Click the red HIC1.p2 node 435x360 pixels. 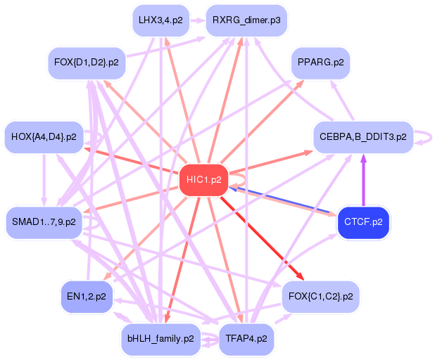204,180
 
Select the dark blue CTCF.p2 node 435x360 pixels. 363,222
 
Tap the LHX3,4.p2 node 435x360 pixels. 161,20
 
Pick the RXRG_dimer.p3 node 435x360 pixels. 246,20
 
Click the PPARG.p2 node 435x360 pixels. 320,63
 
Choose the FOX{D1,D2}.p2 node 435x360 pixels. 87,63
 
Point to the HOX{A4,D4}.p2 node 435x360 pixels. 44,137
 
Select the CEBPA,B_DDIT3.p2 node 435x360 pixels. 363,137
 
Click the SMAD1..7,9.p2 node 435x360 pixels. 44,222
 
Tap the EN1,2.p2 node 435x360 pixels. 87,297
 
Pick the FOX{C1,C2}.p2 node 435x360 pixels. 321,297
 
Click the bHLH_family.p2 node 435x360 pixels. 160,339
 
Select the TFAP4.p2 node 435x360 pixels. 246,339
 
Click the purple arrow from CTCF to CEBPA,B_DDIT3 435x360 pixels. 363,180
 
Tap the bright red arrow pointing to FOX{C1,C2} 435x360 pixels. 262,238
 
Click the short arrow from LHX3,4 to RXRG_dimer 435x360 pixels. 198,20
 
